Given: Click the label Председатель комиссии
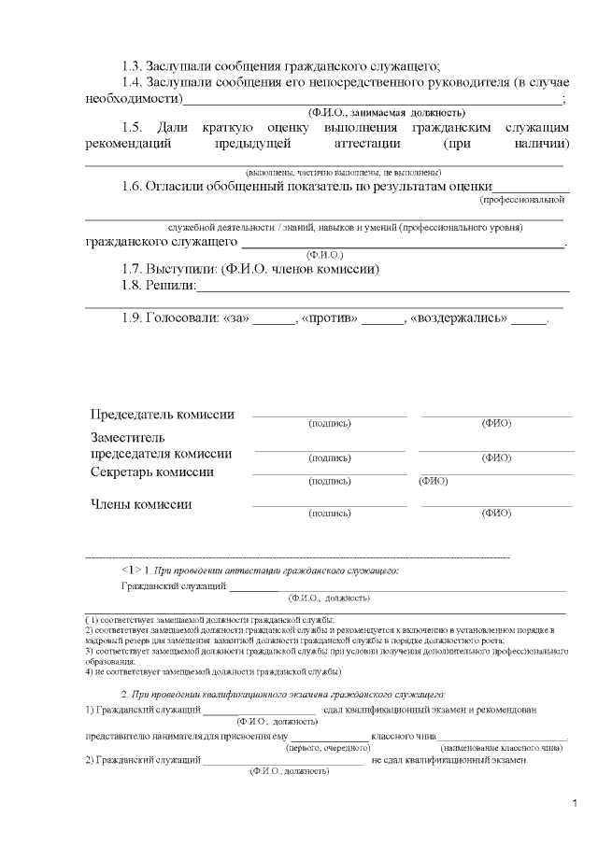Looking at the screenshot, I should [x=162, y=415].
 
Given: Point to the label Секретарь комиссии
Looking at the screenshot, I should [x=151, y=472].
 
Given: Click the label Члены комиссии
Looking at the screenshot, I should [x=141, y=504].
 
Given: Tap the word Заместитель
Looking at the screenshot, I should [x=128, y=437].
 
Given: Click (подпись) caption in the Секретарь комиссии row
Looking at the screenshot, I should [x=330, y=482].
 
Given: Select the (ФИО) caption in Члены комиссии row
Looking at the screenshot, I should [x=496, y=514].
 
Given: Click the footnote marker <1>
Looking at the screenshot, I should [x=131, y=569].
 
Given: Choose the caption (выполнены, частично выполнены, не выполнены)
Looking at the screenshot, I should [x=343, y=173].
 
